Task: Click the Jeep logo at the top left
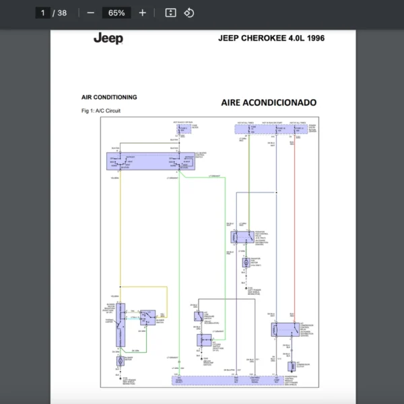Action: point(108,38)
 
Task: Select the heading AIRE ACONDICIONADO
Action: point(268,103)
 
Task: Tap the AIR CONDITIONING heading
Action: point(109,97)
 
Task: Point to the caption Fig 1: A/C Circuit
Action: point(100,110)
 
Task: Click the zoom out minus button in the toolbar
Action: point(91,13)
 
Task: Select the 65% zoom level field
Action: point(116,13)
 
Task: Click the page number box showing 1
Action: point(43,13)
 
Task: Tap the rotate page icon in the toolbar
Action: point(189,13)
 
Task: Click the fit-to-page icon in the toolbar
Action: point(170,13)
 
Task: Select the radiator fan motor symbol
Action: point(246,262)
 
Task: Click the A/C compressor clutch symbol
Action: point(291,366)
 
